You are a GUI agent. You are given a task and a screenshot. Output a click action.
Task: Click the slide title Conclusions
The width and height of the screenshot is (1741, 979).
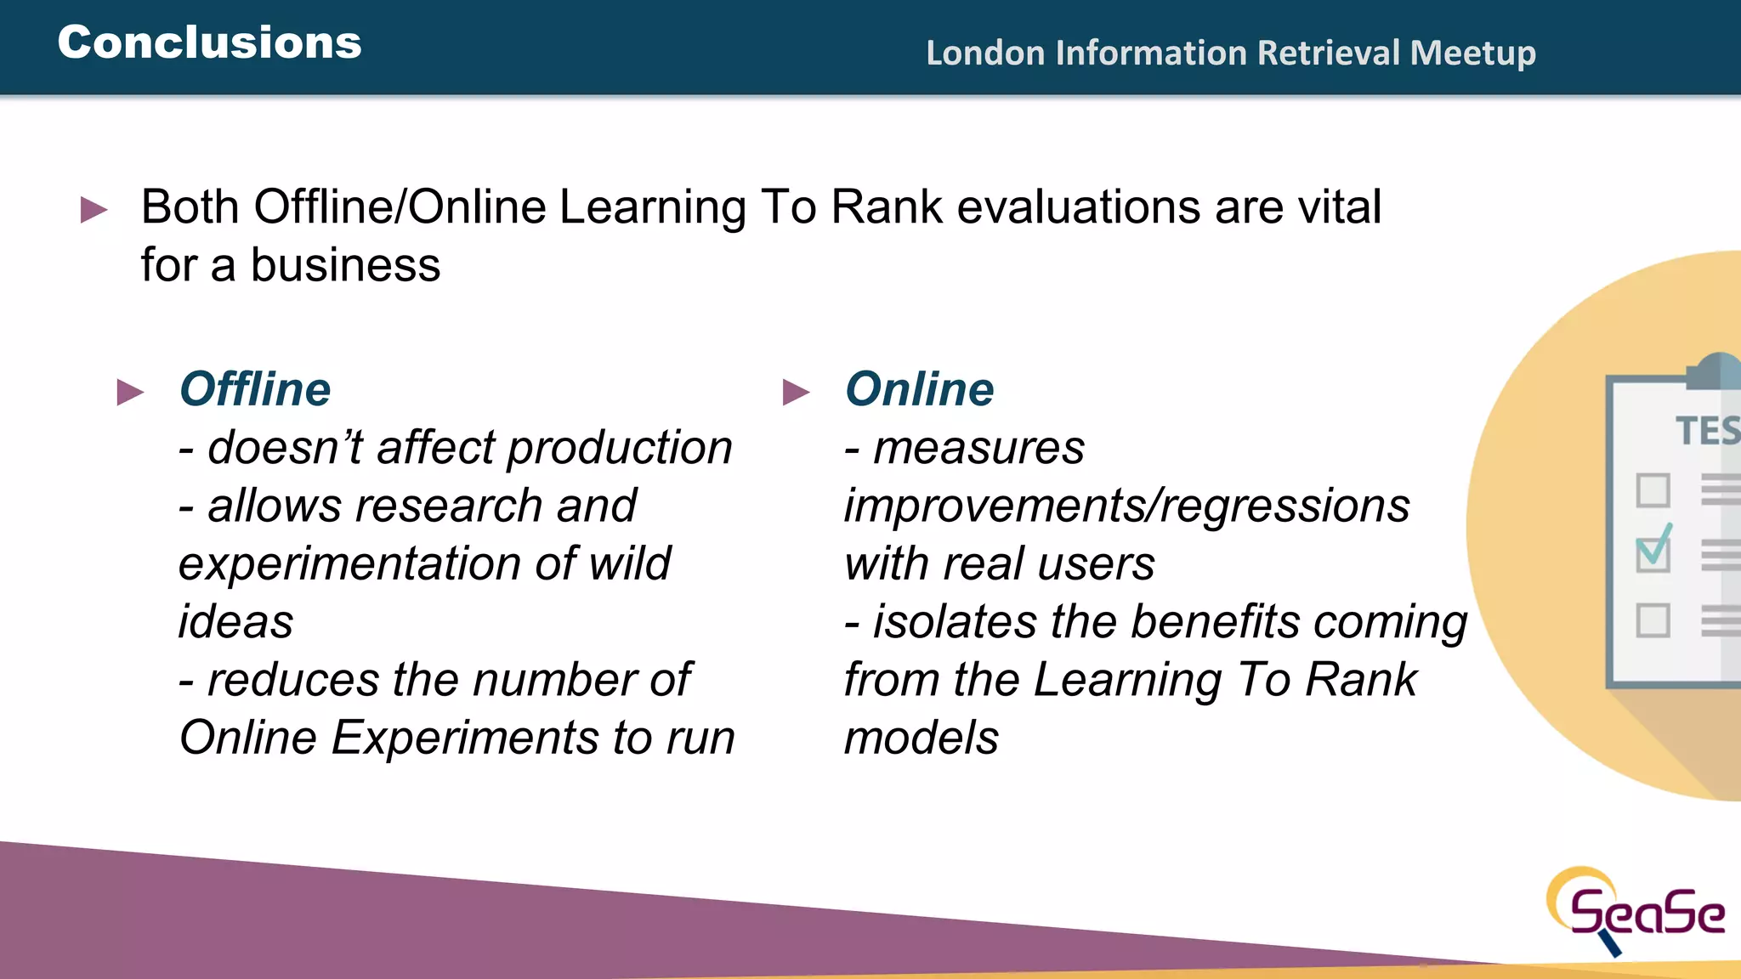click(209, 42)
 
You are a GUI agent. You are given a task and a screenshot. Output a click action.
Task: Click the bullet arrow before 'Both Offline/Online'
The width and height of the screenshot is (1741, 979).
click(94, 209)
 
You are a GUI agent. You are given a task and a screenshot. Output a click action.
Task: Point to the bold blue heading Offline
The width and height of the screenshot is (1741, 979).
click(255, 389)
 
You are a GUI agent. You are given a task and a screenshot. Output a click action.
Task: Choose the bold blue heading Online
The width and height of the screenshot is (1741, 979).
click(919, 389)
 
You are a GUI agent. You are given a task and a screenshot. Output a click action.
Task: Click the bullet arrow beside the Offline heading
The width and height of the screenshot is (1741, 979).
click(130, 392)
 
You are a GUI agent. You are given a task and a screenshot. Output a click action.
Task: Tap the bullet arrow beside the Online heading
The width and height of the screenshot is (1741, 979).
click(796, 392)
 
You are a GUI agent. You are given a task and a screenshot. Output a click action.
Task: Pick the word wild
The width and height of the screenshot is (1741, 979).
click(630, 563)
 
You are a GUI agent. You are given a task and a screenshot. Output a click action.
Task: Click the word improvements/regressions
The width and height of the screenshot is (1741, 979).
click(1126, 506)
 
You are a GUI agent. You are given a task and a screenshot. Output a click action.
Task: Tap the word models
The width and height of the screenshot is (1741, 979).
click(921, 738)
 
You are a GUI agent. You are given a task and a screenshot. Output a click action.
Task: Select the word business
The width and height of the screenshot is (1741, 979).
click(345, 265)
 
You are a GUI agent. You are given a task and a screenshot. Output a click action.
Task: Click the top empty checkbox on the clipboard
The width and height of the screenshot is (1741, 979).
click(1653, 490)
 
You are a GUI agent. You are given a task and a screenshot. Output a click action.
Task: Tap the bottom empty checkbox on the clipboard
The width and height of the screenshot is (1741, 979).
click(1653, 620)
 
